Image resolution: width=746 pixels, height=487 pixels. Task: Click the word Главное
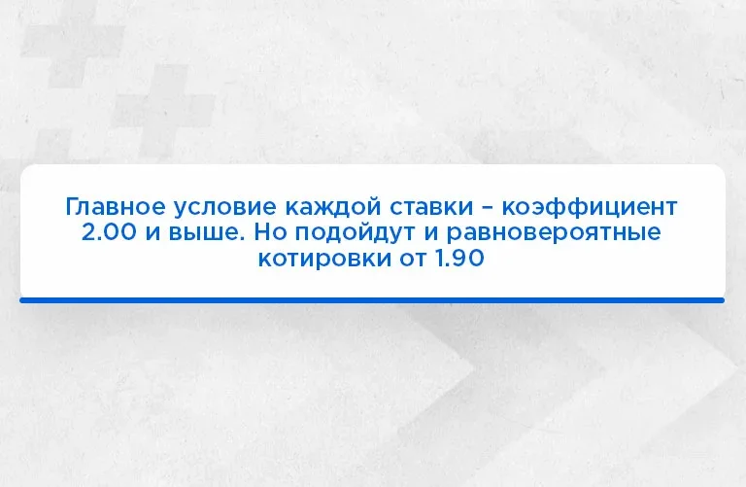point(117,207)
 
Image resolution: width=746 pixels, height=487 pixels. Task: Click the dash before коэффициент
point(488,209)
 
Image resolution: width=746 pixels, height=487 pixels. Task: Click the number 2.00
point(109,232)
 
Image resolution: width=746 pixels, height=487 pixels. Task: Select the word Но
point(270,232)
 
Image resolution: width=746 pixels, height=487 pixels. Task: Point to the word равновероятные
point(554,233)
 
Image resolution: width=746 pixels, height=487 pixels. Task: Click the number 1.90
point(459,258)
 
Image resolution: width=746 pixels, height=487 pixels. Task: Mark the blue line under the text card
point(372,300)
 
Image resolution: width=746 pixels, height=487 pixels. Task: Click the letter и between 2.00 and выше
point(153,233)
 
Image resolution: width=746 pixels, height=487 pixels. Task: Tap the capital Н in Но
point(262,232)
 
